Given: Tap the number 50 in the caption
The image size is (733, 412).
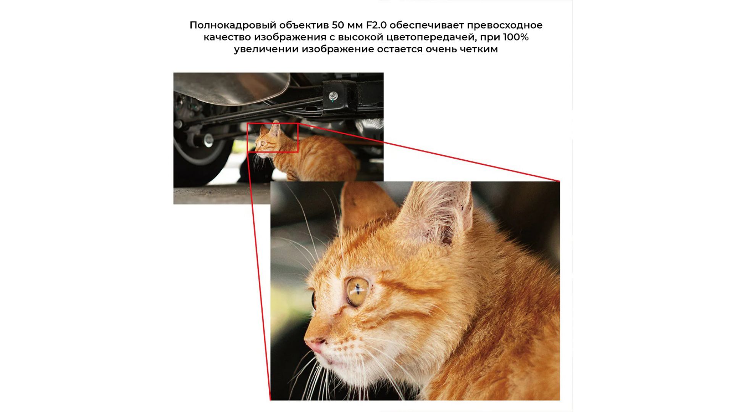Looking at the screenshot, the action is coord(338,25).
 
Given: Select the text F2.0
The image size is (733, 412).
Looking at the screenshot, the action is coord(376,25).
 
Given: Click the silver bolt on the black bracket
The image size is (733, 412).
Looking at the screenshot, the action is coord(333,95).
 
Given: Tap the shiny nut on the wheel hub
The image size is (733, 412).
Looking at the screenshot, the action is coord(208,140).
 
